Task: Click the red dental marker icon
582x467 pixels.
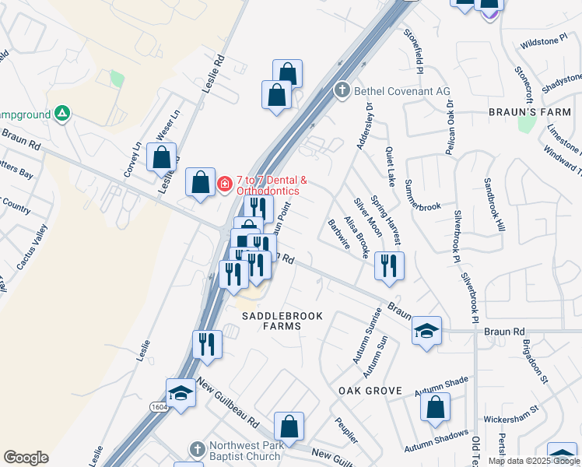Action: coord(225,184)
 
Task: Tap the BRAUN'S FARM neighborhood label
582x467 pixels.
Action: coord(535,112)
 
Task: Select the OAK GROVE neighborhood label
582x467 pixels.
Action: coord(370,391)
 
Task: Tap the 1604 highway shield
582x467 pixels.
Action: coord(159,406)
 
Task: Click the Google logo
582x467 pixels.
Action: coord(26,458)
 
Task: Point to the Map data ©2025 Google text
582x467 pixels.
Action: coord(534,461)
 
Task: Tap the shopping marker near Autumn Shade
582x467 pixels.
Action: coord(436,406)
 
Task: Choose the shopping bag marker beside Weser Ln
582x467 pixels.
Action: coord(161,156)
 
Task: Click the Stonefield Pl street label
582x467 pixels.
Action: coord(413,51)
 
